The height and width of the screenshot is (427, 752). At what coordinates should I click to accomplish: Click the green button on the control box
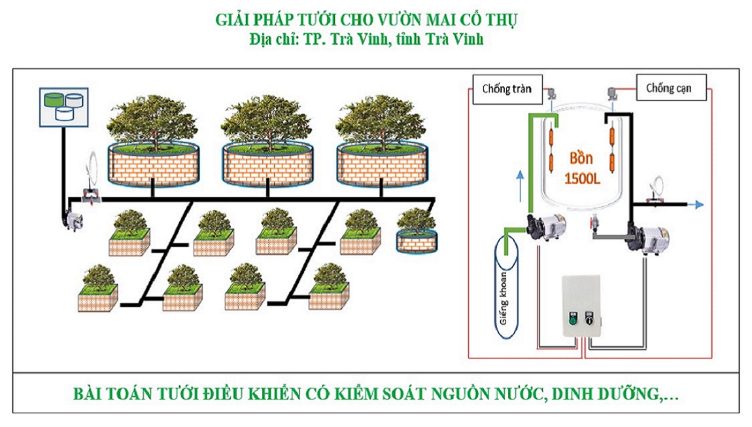[x=572, y=320]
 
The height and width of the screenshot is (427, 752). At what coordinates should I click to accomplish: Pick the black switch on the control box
[x=589, y=320]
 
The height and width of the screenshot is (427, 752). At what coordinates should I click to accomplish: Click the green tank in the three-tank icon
[x=52, y=100]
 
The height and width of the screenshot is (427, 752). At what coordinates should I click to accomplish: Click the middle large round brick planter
[x=267, y=166]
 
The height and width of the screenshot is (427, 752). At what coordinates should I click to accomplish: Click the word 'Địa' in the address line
[x=261, y=39]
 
